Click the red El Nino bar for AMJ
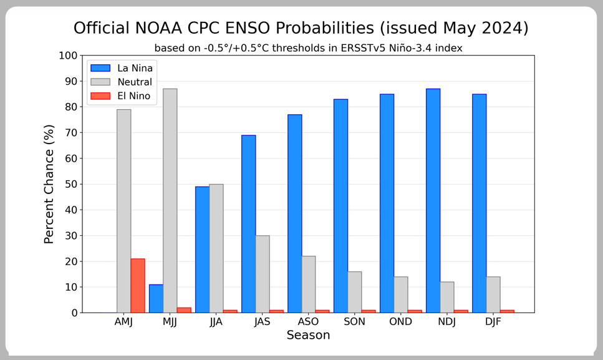click(138, 285)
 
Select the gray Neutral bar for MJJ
click(170, 200)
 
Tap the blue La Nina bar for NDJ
click(433, 200)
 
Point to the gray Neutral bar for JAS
click(263, 274)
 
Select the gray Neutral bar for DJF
click(493, 294)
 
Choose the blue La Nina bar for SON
click(340, 206)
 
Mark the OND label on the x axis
click(400, 322)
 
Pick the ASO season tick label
click(308, 322)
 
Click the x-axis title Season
click(308, 336)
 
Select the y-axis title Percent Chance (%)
click(50, 184)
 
